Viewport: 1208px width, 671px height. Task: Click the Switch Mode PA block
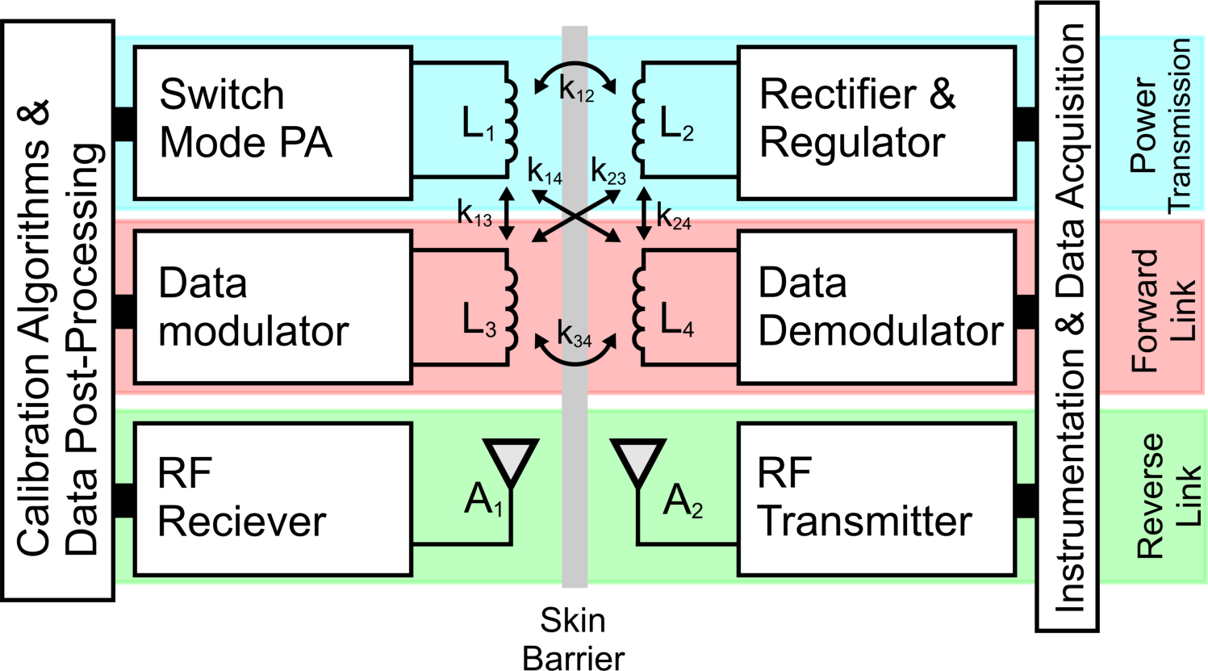273,122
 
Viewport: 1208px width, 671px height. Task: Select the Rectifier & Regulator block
876,122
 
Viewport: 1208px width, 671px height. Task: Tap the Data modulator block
273,307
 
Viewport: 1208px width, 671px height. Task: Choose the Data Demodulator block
876,307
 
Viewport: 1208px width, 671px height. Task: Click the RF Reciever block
273,498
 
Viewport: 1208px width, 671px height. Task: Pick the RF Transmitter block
876,498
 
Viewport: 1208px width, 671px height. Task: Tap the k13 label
474,214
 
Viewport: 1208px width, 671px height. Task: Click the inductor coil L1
510,117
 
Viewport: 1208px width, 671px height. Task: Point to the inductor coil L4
638,307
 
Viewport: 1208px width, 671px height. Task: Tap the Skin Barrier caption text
574,639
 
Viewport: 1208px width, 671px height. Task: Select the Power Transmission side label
1161,125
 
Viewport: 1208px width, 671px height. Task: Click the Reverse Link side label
1161,495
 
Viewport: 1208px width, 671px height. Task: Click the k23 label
608,173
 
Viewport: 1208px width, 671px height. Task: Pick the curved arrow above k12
576,67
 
